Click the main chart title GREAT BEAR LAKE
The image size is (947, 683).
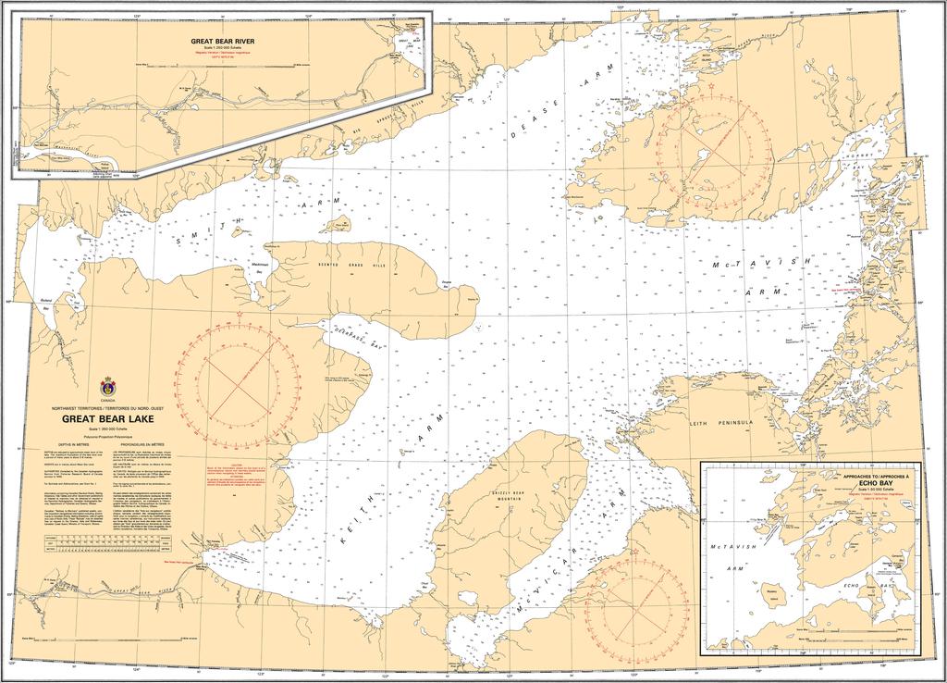point(109,418)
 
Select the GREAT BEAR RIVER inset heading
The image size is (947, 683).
point(222,42)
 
